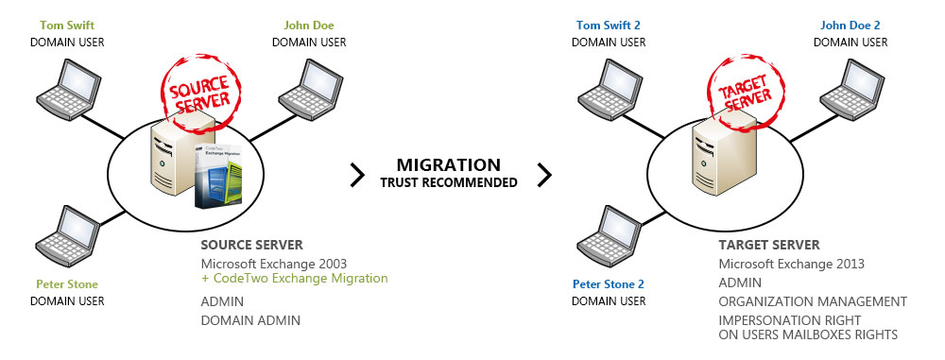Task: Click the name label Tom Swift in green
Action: click(x=67, y=26)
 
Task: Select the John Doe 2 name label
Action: click(x=850, y=26)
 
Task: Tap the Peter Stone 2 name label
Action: click(x=609, y=284)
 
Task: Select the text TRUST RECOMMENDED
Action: click(x=449, y=182)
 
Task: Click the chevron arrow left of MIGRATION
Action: click(x=357, y=174)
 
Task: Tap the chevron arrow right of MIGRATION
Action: click(x=544, y=174)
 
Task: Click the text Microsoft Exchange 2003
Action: click(x=274, y=263)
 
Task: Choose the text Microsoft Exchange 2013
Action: click(x=791, y=264)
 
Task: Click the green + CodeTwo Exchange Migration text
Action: click(x=294, y=279)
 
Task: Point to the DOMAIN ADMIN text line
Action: click(x=250, y=320)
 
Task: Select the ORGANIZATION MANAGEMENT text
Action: click(x=812, y=301)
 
